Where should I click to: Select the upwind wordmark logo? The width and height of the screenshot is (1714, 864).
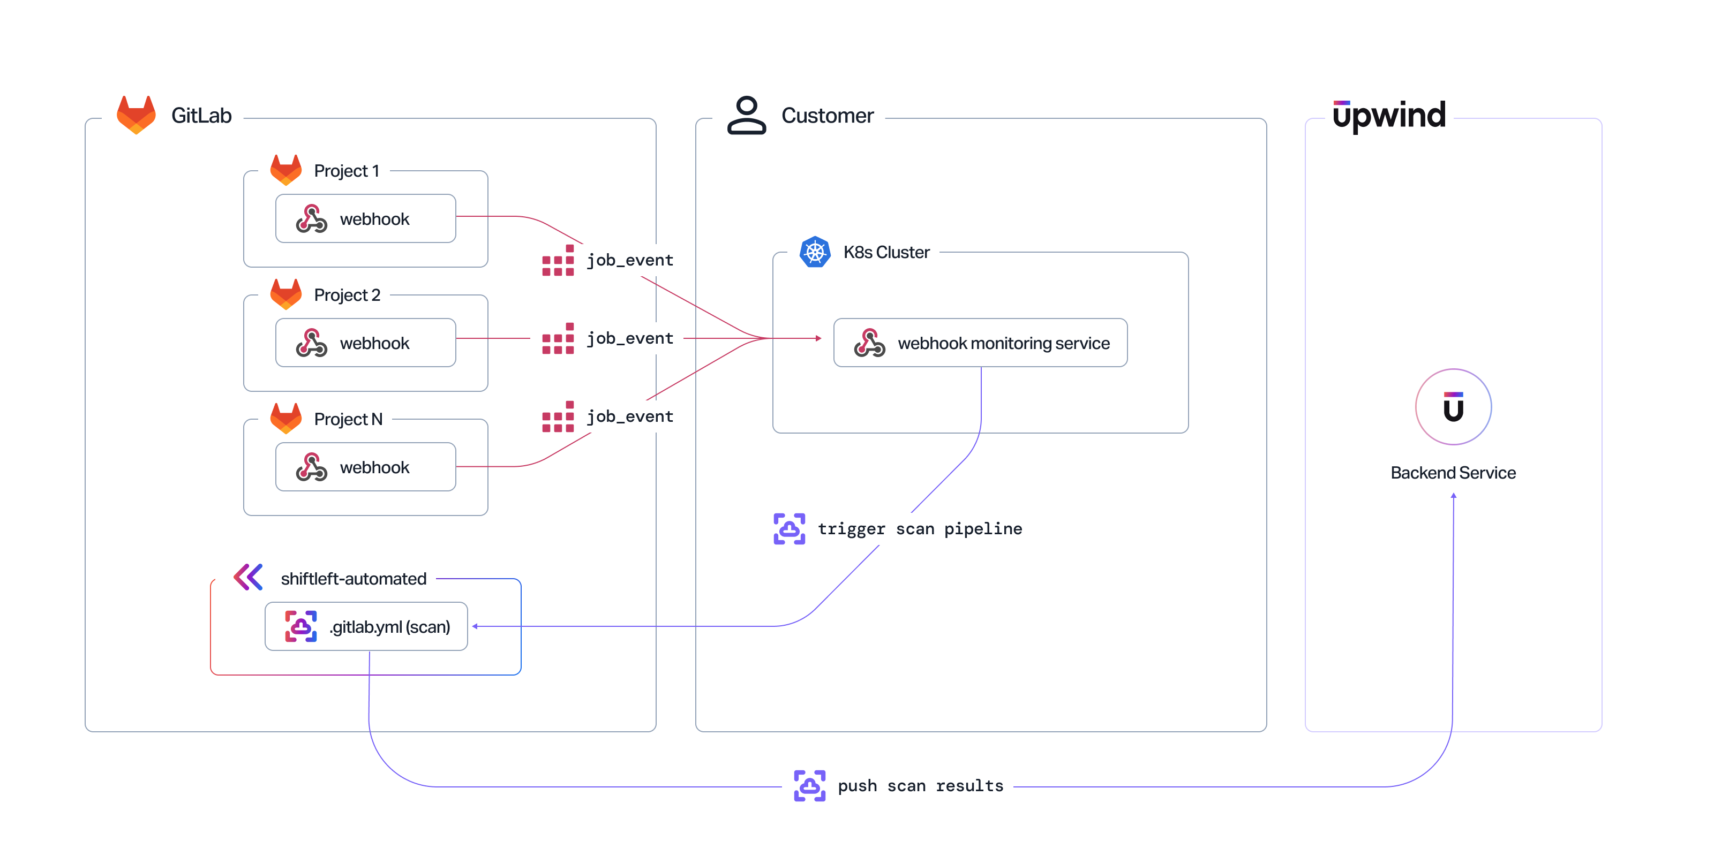[1389, 116]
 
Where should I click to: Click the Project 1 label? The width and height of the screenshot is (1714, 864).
[346, 171]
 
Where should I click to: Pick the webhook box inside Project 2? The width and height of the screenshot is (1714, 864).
[365, 343]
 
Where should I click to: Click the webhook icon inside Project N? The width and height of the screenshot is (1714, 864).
[311, 467]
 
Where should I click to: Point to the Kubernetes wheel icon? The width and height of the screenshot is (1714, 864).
[814, 252]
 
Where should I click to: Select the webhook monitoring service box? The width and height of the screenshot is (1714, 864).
[980, 343]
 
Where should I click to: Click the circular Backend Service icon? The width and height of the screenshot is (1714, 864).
[1453, 407]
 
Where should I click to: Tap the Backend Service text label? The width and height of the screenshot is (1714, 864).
[1453, 473]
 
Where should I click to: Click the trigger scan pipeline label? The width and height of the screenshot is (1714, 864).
[920, 529]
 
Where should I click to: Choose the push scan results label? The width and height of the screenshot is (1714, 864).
[920, 786]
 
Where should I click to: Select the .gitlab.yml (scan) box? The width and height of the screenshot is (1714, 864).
[366, 626]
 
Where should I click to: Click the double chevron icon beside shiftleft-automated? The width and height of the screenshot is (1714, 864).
[248, 577]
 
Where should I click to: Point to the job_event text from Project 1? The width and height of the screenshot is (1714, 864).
[629, 260]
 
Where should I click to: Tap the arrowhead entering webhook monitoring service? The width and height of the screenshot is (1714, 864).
[818, 338]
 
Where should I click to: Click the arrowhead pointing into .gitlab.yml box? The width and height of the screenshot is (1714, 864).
[475, 626]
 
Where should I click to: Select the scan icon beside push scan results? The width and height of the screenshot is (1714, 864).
[809, 786]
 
